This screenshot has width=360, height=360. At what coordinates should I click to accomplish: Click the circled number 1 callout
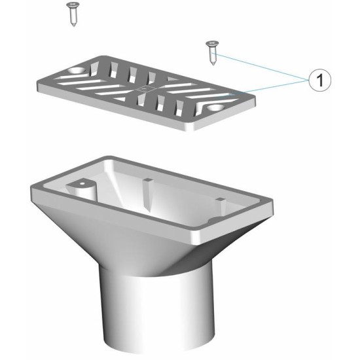pos(320,81)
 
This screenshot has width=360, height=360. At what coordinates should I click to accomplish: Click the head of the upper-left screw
pos(73,5)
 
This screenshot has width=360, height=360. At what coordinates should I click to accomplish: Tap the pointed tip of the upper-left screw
pos(74,26)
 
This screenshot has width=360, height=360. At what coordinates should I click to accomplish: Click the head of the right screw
pos(212,43)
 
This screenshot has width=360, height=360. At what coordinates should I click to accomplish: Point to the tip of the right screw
pos(213,64)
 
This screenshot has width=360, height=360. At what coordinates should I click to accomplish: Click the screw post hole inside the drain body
pos(82,184)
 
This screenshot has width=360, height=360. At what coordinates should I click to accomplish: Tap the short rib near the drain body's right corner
pos(221,206)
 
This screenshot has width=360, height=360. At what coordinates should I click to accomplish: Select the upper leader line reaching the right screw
pos(260,67)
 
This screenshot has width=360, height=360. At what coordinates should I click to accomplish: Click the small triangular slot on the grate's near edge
pos(121,99)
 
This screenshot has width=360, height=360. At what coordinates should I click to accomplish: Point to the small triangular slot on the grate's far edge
pos(171,79)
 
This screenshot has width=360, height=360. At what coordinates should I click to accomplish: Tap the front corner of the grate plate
pos(193,130)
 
